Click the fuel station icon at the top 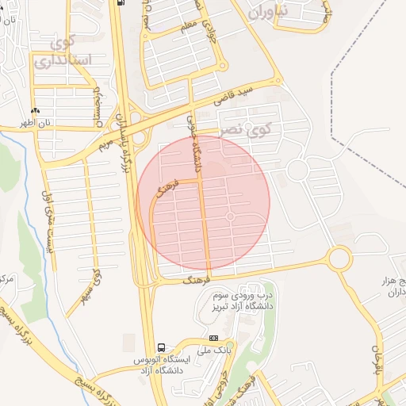pos(120,2)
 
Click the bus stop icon pos(162,347)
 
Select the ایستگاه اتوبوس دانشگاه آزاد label pos(159,365)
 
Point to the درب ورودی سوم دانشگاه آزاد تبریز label pos(243,300)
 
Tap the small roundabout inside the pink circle pos(230,216)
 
